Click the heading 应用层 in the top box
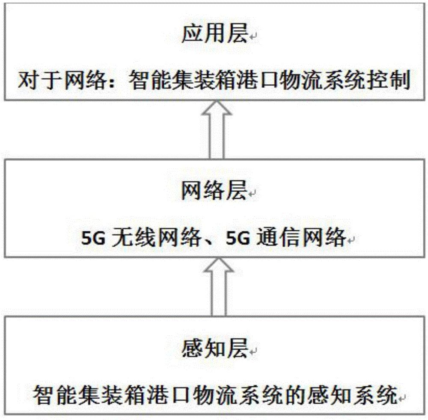(x=214, y=33)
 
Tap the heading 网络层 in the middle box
(x=214, y=190)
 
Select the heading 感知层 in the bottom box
(x=214, y=348)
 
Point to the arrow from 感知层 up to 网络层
(x=219, y=287)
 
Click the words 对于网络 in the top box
(x=61, y=80)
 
